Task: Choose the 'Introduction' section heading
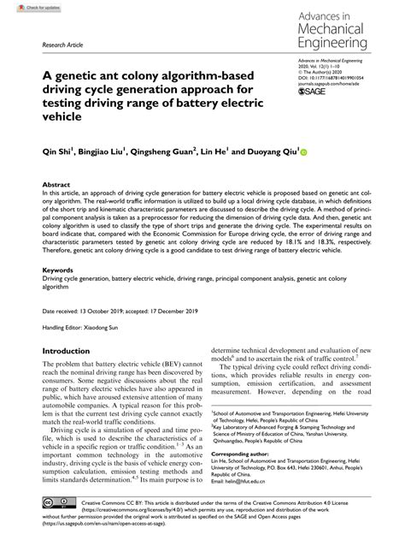[x=72, y=350]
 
